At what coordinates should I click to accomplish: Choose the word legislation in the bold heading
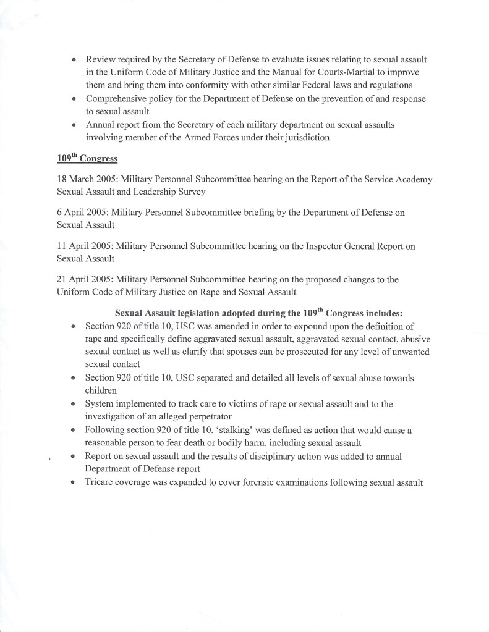pos(184,313)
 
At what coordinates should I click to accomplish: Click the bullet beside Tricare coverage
pos(74,482)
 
